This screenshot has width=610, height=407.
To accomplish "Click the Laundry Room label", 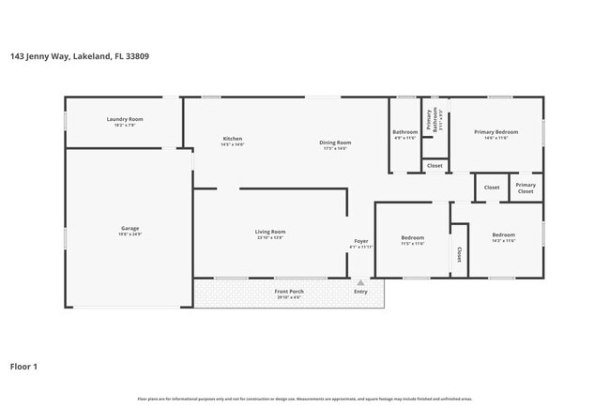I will [124, 119].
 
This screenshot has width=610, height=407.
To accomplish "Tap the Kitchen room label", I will [232, 139].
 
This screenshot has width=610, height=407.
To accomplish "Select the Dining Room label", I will [335, 143].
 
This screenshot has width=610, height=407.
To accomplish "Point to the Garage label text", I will [130, 228].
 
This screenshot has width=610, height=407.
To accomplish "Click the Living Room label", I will [270, 232].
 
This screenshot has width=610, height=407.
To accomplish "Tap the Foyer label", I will [361, 241].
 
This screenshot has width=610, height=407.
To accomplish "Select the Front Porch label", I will [289, 292].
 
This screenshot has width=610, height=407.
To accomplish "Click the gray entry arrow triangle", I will [360, 281].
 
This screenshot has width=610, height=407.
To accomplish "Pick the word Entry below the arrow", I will [361, 292].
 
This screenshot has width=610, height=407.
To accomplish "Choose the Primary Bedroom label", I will [496, 132].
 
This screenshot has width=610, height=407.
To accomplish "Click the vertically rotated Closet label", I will [459, 254].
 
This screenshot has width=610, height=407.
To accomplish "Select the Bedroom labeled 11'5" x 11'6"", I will [413, 237].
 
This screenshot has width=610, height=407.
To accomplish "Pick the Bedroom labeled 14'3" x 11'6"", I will [503, 234].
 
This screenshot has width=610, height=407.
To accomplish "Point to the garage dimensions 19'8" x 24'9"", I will [130, 234].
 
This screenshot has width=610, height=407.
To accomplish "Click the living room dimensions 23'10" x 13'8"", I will [270, 238].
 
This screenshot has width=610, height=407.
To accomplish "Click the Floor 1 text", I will [23, 367].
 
